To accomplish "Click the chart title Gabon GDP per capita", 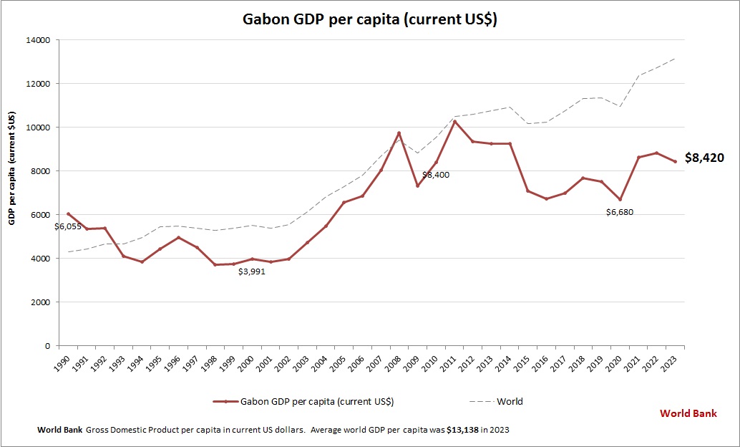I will (x=369, y=19).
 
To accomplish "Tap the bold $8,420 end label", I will (x=705, y=158).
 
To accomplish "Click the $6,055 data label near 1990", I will (x=68, y=226).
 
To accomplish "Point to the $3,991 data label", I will (x=252, y=271).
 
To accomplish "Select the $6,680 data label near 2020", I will (x=619, y=212).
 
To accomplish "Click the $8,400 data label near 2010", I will (x=435, y=175).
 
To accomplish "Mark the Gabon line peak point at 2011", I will (x=454, y=121).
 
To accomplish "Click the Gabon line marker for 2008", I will (x=399, y=133).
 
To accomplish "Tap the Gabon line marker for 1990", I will (x=68, y=213).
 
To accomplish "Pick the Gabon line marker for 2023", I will (x=675, y=162).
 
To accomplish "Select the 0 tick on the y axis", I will (x=47, y=346).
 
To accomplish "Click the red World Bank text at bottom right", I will (x=688, y=413).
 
